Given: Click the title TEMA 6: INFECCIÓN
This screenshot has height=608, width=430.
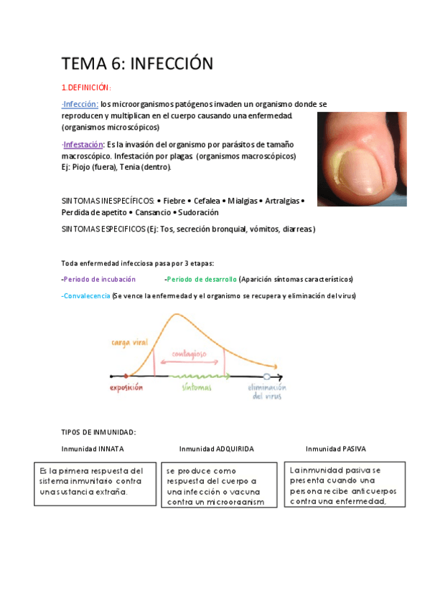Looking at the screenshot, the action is pos(137,63).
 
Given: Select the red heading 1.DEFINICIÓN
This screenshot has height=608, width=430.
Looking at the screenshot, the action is pos(86,87).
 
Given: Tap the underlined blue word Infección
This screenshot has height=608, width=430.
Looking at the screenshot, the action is pos(80,104).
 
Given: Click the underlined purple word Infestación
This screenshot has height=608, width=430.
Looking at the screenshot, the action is pos(83,145).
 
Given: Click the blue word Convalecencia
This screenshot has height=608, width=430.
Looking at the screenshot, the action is pos(86,295).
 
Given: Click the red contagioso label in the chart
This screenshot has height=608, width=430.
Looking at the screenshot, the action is pos(190,353).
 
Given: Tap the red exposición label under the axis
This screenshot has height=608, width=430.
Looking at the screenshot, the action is pos(126,388).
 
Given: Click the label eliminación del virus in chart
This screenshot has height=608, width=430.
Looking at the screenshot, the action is pos(267,391).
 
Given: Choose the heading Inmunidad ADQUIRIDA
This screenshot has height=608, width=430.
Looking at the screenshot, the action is pos(216,449).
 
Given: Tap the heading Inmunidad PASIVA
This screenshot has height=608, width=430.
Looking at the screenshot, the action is pos(335,449).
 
